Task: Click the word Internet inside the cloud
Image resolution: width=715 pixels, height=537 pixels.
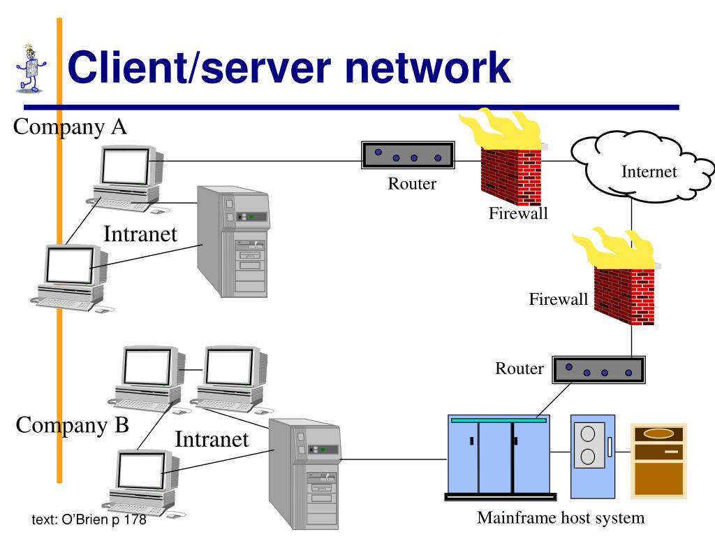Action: pyautogui.click(x=649, y=172)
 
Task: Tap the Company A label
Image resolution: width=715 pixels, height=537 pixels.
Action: pyautogui.click(x=70, y=127)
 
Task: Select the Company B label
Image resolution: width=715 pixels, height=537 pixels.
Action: pyautogui.click(x=72, y=426)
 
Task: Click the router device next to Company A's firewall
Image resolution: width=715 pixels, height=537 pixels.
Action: pyautogui.click(x=408, y=155)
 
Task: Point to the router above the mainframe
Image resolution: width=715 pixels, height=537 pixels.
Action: pyautogui.click(x=598, y=369)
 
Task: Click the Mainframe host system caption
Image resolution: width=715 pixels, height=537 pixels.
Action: pyautogui.click(x=561, y=518)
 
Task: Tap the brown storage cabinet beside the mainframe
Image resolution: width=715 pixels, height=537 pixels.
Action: pyautogui.click(x=658, y=460)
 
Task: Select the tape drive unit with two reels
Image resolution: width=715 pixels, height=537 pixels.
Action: pyautogui.click(x=593, y=456)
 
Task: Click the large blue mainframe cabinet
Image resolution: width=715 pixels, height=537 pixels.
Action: pyautogui.click(x=500, y=457)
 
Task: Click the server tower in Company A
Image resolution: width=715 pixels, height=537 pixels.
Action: pyautogui.click(x=233, y=241)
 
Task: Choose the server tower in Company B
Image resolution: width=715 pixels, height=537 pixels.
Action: pyautogui.click(x=304, y=474)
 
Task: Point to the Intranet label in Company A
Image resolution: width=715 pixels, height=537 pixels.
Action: pyautogui.click(x=140, y=234)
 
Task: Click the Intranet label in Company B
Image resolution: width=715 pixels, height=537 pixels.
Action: pyautogui.click(x=212, y=439)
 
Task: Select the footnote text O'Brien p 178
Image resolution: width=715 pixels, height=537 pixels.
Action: pyautogui.click(x=89, y=520)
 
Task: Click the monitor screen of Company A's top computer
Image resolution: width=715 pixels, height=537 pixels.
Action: pyautogui.click(x=124, y=166)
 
